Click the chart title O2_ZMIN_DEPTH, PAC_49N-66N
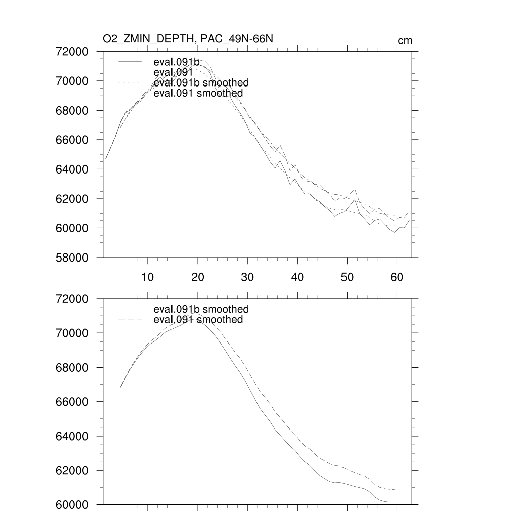[188, 39]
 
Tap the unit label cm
[405, 41]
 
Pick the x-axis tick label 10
[147, 277]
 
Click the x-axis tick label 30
[247, 277]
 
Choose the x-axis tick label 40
[297, 277]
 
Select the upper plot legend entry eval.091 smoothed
[198, 93]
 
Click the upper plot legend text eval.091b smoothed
[201, 82]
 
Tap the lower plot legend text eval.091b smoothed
[201, 309]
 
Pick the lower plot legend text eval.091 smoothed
[198, 320]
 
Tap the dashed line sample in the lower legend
[130, 320]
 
